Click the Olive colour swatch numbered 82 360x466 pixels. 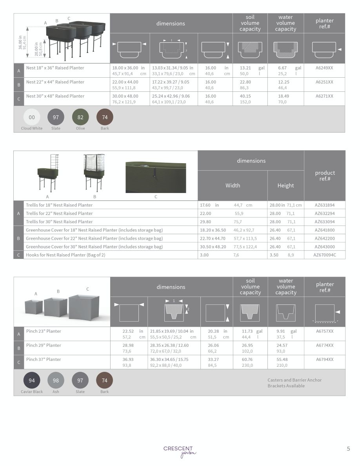[80, 117]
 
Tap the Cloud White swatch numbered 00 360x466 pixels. [32, 117]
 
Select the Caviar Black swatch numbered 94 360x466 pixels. [32, 380]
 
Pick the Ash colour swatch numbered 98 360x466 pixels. [56, 380]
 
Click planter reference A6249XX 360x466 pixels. [324, 68]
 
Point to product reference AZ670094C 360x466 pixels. [325, 255]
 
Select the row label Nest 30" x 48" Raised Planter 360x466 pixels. [55, 96]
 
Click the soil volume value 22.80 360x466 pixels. [245, 82]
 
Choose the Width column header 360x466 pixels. [233, 186]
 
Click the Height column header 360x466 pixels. [285, 186]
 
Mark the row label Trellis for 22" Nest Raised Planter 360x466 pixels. [59, 213]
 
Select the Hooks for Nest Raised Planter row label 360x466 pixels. [65, 255]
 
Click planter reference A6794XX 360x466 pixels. [325, 359]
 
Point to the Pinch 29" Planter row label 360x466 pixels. [44, 345]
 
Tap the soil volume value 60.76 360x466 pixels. [247, 359]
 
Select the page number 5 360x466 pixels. [348, 449]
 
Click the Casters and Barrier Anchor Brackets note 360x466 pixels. [295, 383]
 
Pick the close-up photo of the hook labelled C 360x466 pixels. [156, 177]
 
